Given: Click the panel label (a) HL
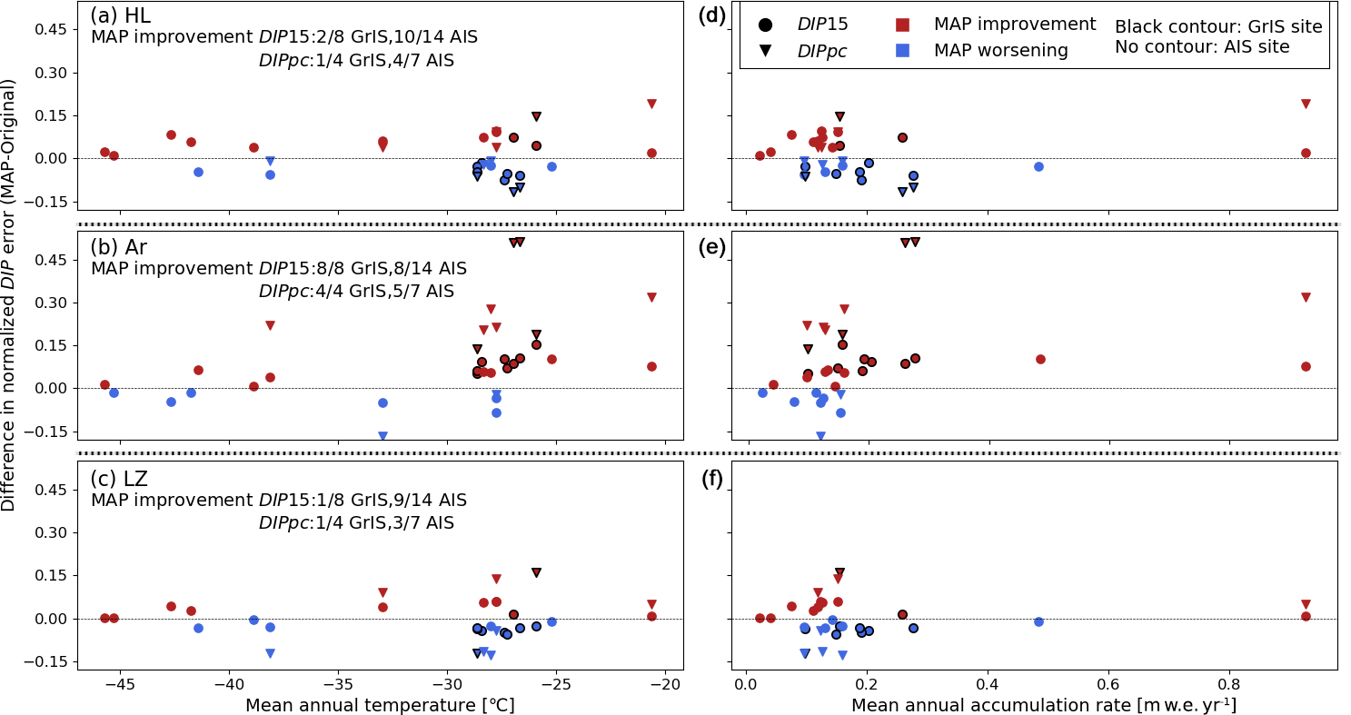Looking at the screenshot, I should pyautogui.click(x=120, y=15).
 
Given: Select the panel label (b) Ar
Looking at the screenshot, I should pyautogui.click(x=118, y=247).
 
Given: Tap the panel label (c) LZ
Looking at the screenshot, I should pyautogui.click(x=118, y=479).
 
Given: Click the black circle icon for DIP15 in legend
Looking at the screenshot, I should pyautogui.click(x=765, y=25).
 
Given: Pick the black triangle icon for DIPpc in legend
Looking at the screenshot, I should pyautogui.click(x=765, y=51).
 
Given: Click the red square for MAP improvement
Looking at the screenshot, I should pyautogui.click(x=903, y=25).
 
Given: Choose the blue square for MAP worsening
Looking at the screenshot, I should pyautogui.click(x=903, y=51).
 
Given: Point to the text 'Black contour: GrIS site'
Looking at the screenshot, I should pyautogui.click(x=1218, y=26).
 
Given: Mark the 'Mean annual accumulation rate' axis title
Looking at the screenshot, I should pyautogui.click(x=1043, y=705).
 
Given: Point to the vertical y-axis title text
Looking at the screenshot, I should pyautogui.click(x=9, y=294).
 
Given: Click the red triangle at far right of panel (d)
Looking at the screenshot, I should pyautogui.click(x=1306, y=104).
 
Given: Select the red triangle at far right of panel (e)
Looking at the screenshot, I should pyautogui.click(x=1306, y=297).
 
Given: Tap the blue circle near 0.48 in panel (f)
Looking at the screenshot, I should pyautogui.click(x=1038, y=621).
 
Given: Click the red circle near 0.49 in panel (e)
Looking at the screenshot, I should pyautogui.click(x=1040, y=359).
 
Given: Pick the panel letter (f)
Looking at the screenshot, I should pyautogui.click(x=711, y=479).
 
